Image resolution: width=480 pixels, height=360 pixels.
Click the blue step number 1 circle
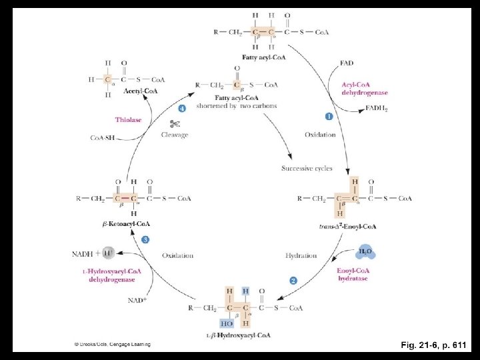tap(329, 116)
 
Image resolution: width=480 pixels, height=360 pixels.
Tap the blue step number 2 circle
tap(293, 281)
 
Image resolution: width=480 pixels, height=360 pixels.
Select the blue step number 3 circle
tap(145, 239)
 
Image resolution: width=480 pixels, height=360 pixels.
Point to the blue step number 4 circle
tap(181, 108)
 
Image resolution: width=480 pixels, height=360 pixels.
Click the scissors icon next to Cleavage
tap(175, 123)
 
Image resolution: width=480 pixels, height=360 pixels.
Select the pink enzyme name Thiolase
tap(128, 120)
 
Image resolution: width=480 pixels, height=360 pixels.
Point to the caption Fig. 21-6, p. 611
tap(433, 345)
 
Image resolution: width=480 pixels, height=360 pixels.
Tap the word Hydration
tap(301, 255)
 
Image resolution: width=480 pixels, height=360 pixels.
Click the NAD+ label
tap(137, 301)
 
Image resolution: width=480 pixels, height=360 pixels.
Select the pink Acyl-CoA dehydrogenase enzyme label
tap(365, 89)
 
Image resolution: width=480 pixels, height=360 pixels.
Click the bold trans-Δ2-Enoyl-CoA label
tap(347, 227)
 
